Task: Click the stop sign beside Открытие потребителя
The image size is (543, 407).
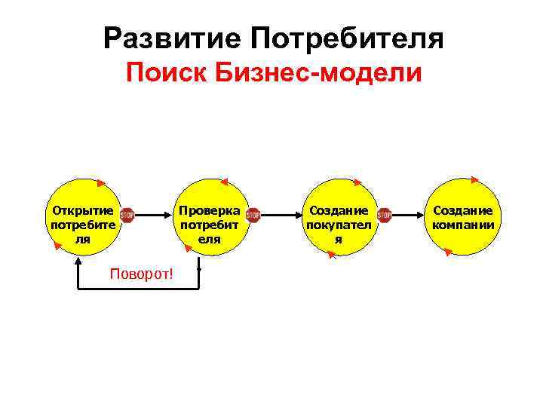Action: click(x=127, y=216)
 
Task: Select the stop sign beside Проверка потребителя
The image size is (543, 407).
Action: click(x=253, y=216)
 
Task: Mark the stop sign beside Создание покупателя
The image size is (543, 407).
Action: click(x=384, y=216)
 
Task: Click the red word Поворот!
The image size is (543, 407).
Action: click(x=141, y=273)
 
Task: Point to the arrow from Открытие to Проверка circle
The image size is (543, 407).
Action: click(x=155, y=216)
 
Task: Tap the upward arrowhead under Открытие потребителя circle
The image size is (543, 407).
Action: click(x=78, y=261)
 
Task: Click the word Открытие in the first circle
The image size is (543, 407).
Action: click(x=81, y=211)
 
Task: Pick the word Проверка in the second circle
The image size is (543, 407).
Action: click(x=209, y=211)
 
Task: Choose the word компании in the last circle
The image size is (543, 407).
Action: click(x=463, y=225)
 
